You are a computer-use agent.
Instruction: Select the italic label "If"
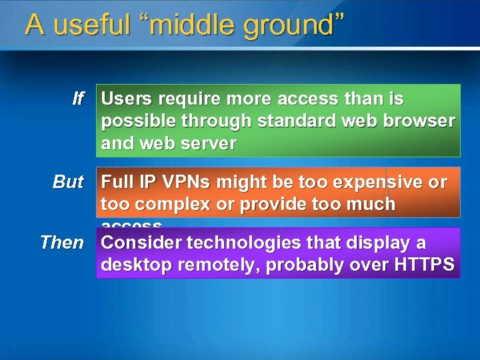(78, 99)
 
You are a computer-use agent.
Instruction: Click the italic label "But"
(68, 182)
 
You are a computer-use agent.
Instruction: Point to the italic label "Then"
(62, 242)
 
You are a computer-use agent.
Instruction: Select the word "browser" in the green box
(421, 122)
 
